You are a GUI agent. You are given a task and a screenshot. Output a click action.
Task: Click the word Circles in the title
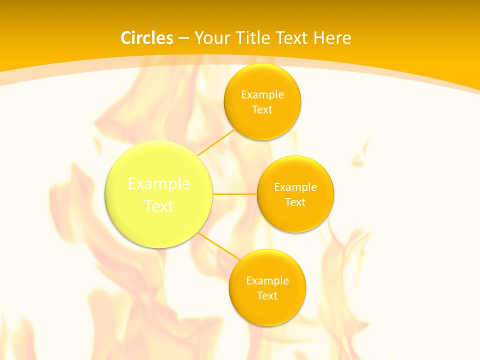coord(146,37)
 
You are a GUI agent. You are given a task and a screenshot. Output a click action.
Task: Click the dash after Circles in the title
coord(183,38)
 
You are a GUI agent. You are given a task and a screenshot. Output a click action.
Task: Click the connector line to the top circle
coord(216,142)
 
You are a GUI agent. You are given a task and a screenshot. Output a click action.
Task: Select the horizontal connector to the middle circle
coord(235,193)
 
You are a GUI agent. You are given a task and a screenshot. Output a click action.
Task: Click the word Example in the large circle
coord(159,183)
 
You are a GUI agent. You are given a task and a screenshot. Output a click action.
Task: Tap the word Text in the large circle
coord(159,206)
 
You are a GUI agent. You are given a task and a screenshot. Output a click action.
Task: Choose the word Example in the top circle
coord(262,94)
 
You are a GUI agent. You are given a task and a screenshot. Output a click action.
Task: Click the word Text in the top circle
coord(262,109)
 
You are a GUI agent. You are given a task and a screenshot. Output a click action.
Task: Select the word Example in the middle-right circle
coord(295,187)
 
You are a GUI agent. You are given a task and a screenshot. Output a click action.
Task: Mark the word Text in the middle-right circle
coord(295,202)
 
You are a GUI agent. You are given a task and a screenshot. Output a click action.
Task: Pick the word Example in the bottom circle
coord(267,280)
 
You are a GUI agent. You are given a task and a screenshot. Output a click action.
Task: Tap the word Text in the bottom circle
coord(267,295)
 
